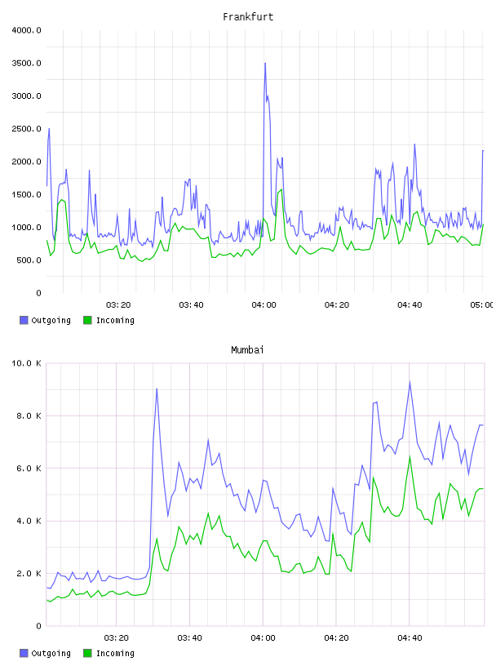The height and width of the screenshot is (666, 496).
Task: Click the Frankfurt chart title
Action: pyautogui.click(x=248, y=17)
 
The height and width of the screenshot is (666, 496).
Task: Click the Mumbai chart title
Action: pyautogui.click(x=247, y=350)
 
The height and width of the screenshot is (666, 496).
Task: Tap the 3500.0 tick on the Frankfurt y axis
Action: pyautogui.click(x=26, y=64)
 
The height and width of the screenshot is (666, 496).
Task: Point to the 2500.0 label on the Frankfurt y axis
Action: pyautogui.click(x=26, y=129)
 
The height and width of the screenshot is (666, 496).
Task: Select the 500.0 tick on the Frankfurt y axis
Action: pyautogui.click(x=29, y=260)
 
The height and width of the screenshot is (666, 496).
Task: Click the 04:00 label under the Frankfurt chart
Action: pyautogui.click(x=263, y=305)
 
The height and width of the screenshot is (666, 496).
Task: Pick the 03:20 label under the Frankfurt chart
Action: pyautogui.click(x=118, y=305)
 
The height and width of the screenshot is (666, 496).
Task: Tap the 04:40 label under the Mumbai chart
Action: pyautogui.click(x=410, y=638)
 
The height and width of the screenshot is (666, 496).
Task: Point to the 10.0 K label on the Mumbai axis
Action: pyautogui.click(x=26, y=363)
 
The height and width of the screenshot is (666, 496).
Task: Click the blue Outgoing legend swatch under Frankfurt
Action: pyautogui.click(x=24, y=320)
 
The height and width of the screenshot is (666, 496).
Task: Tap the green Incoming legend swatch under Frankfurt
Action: pyautogui.click(x=87, y=320)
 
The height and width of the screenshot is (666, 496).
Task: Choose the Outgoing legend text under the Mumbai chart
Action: pyautogui.click(x=51, y=653)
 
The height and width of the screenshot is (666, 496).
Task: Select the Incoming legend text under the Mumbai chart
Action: pyautogui.click(x=115, y=653)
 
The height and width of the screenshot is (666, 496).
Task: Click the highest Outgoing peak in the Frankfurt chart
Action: pyautogui.click(x=265, y=64)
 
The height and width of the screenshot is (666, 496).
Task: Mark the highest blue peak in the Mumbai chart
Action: pyautogui.click(x=410, y=381)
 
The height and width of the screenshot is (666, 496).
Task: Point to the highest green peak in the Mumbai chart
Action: pyautogui.click(x=410, y=456)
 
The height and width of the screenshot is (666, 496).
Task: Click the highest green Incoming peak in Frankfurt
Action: pyautogui.click(x=281, y=189)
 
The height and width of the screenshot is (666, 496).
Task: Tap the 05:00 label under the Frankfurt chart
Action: pyautogui.click(x=481, y=305)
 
